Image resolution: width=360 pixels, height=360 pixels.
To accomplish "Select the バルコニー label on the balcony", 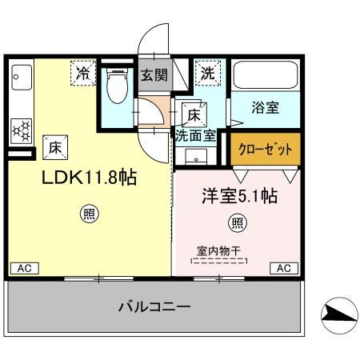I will click(x=154, y=306).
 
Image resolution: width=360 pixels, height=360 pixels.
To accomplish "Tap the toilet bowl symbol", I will click(x=118, y=86).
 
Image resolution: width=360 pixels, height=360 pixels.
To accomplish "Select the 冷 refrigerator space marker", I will click(x=83, y=73).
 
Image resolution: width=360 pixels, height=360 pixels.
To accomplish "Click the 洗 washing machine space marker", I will click(x=207, y=73).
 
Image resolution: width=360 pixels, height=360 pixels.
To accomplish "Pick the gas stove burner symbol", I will click(x=22, y=129).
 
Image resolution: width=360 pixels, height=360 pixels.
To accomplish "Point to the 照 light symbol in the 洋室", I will click(x=238, y=222).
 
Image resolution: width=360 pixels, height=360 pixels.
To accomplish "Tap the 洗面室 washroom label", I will click(x=195, y=135).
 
